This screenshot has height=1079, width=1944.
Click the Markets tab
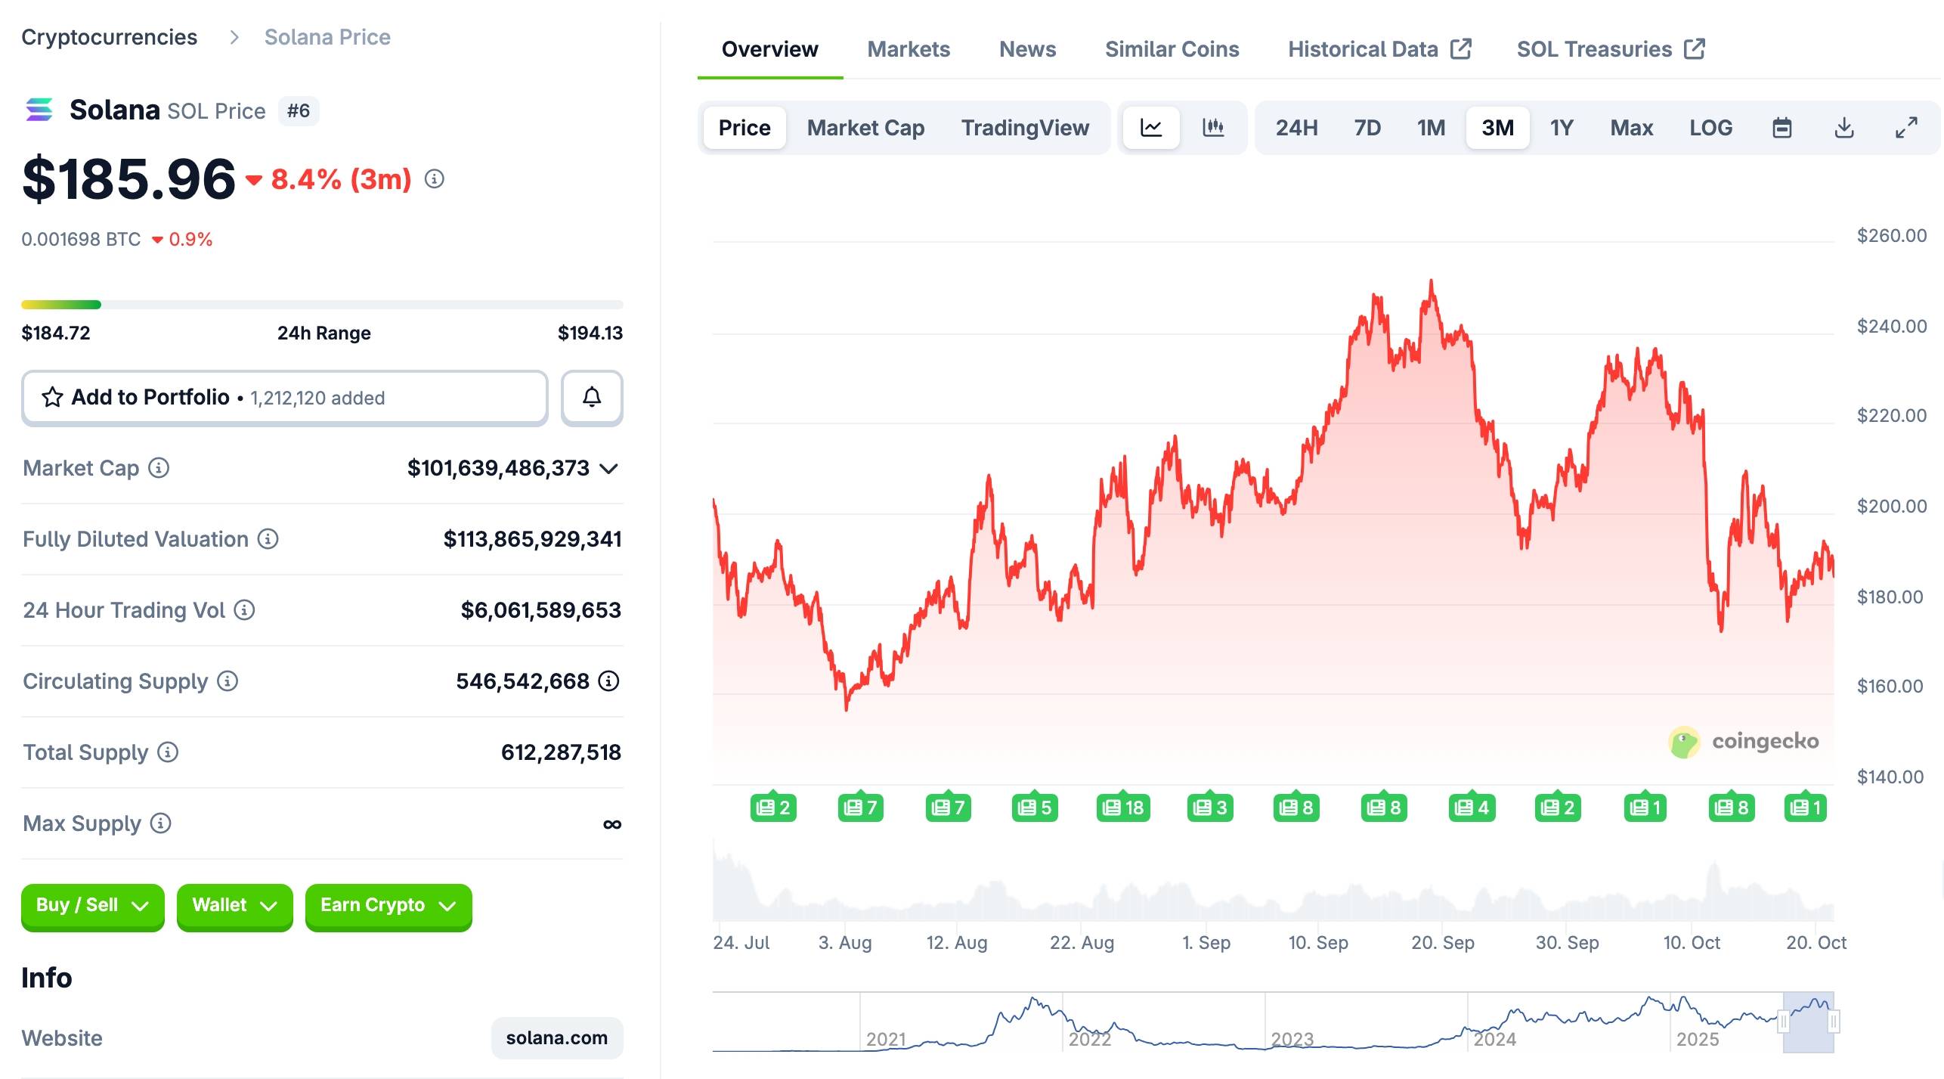(x=908, y=49)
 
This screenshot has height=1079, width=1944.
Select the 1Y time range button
(x=1561, y=128)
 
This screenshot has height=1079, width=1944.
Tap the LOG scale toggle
(x=1710, y=128)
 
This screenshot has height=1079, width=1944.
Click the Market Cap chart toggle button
(x=865, y=128)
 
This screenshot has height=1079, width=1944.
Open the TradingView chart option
(x=1025, y=128)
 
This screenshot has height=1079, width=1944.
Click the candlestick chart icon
(x=1213, y=127)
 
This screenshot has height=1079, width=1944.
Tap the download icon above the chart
(x=1844, y=128)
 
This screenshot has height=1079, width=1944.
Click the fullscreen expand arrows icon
(x=1906, y=128)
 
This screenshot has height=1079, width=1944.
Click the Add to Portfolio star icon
(x=52, y=397)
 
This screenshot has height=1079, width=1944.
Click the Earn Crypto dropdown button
(x=388, y=905)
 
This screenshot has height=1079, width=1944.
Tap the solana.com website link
(x=556, y=1037)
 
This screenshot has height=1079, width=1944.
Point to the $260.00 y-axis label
(x=1891, y=236)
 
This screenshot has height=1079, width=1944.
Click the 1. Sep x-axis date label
(x=1206, y=942)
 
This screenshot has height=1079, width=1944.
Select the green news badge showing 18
(x=1123, y=808)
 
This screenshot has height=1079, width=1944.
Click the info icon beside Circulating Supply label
(x=228, y=681)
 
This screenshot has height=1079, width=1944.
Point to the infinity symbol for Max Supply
(x=612, y=823)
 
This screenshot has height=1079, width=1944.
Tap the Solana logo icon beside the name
(x=39, y=110)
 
